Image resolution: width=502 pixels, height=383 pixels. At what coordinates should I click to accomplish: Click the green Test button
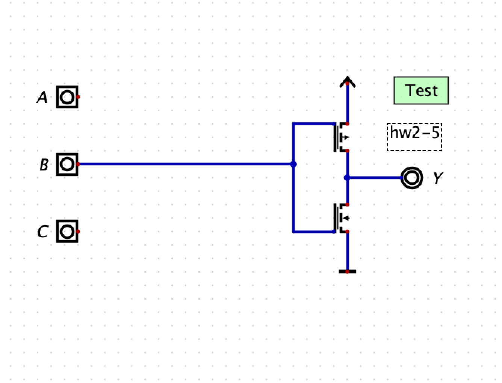coord(421,90)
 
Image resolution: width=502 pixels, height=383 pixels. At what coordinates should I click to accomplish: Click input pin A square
coord(67,97)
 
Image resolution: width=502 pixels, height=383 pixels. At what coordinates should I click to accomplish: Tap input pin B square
coord(67,164)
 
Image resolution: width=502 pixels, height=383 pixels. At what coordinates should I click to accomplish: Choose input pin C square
coord(67,231)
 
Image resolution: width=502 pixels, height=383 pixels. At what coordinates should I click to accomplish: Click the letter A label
coord(42,98)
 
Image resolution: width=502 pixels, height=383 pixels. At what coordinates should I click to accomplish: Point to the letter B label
coord(44,165)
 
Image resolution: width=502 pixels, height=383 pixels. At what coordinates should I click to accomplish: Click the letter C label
coord(42,232)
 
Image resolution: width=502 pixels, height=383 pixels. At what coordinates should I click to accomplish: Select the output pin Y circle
coord(412,178)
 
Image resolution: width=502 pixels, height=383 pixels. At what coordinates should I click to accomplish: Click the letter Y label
coord(437,178)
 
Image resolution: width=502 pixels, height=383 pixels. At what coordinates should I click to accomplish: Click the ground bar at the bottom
coord(347,271)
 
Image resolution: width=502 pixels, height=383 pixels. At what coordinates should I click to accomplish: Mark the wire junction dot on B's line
coord(293,164)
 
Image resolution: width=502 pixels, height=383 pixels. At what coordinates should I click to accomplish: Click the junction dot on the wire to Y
coord(347,178)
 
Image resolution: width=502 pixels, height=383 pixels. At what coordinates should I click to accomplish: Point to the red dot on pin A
coord(78,97)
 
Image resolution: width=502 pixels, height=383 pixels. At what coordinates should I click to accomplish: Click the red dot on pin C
coord(78,231)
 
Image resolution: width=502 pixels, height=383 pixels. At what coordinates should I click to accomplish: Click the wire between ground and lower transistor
coord(347,252)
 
